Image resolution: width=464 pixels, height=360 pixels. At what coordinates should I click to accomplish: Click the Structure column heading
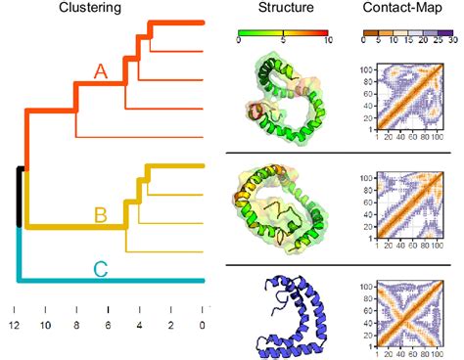[287, 9]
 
